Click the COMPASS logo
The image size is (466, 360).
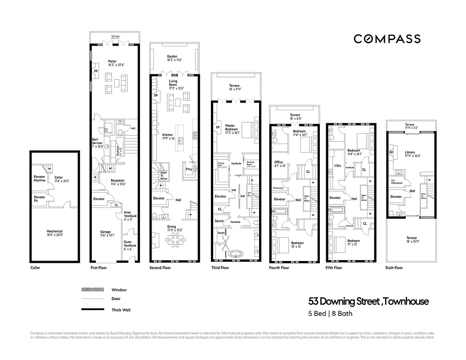(x=387, y=39)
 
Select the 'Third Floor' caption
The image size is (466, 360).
(x=220, y=268)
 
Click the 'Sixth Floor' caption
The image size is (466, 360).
(x=394, y=268)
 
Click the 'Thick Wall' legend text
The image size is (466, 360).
(x=121, y=310)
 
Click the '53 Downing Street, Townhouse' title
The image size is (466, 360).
(x=368, y=301)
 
